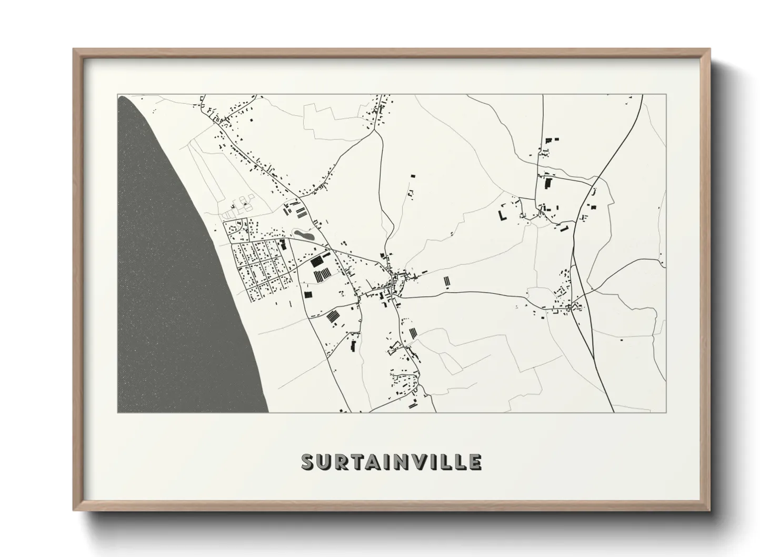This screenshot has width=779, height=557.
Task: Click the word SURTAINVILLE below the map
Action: pos(391,462)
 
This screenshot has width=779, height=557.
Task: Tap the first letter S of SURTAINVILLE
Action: pos(308,462)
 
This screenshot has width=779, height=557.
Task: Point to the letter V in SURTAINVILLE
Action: pos(414,462)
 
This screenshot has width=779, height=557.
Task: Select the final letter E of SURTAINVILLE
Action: pos(474,462)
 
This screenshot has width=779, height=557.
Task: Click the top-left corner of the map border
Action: pos(117,95)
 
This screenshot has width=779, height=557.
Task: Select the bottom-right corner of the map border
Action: pos(666,412)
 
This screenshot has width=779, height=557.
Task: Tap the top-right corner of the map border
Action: pos(666,95)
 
